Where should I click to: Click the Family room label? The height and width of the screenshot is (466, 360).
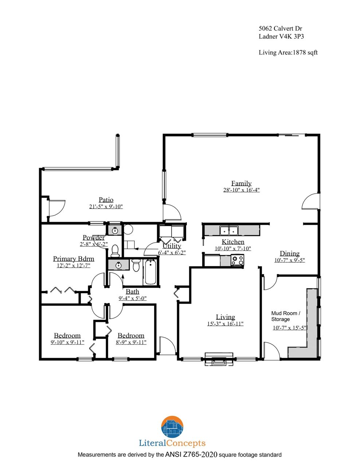(241, 183)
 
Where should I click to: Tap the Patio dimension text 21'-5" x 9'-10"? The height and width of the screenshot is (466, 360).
(106, 206)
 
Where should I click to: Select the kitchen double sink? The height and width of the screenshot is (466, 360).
(229, 230)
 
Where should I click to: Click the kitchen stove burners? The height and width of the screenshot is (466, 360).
(238, 260)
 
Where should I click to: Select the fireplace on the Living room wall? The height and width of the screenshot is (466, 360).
(219, 359)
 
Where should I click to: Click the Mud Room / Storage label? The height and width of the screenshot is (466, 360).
(286, 316)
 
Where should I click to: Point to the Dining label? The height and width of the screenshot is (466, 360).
(290, 253)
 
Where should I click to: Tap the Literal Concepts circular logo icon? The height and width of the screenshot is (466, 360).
(172, 427)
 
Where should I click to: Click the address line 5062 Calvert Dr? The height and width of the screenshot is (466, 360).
(281, 28)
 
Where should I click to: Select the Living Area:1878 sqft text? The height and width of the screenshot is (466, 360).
(288, 52)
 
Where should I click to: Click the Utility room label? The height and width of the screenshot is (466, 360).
(172, 246)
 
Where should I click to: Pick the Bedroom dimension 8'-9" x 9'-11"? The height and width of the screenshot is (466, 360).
(131, 342)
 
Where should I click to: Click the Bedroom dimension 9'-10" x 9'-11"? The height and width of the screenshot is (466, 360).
(67, 342)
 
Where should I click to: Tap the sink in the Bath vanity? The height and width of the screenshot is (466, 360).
(118, 265)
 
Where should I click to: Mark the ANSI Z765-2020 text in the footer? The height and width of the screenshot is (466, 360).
(191, 454)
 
